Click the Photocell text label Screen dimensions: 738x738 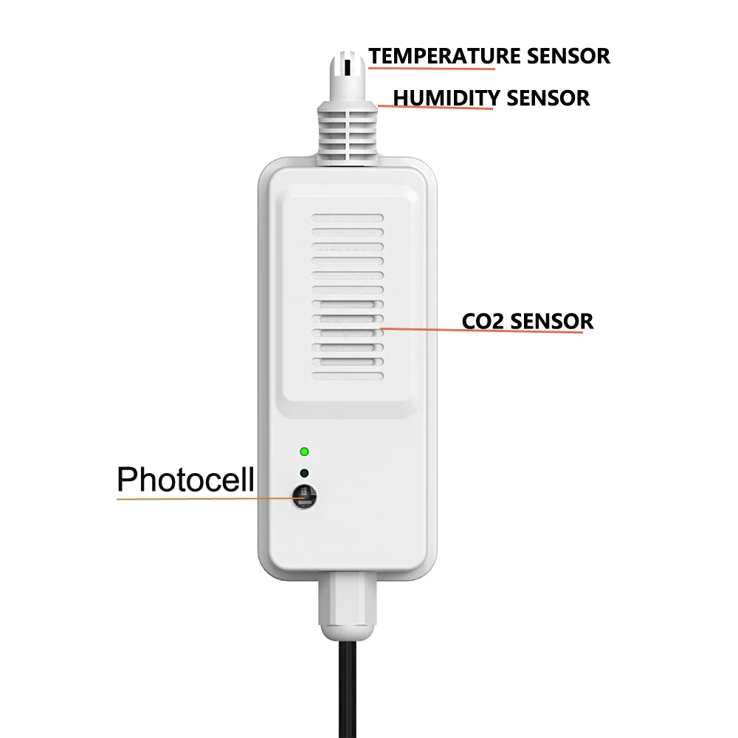click(185, 480)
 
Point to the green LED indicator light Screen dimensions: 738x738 click(304, 452)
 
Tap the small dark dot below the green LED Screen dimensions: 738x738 click(304, 473)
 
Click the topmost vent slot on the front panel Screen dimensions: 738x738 click(347, 219)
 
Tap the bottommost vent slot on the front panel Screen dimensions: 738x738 click(347, 376)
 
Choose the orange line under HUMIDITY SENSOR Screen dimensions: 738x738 click(435, 108)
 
